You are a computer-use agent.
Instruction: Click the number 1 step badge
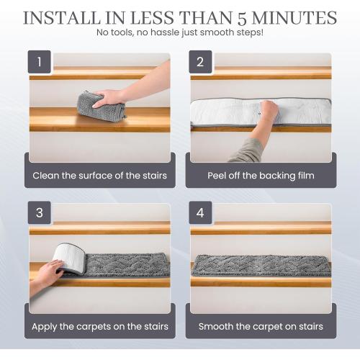[40, 62]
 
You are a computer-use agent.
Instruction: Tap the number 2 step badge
[201, 62]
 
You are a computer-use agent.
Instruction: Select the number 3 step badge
[40, 213]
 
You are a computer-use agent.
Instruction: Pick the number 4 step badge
[201, 213]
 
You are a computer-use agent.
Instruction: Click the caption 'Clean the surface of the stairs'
[99, 175]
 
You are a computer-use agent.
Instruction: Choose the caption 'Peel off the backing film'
[261, 175]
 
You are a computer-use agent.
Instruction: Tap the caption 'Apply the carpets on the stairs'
[99, 326]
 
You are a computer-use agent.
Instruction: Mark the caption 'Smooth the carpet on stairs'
[261, 326]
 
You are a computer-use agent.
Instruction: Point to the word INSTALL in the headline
[61, 17]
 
